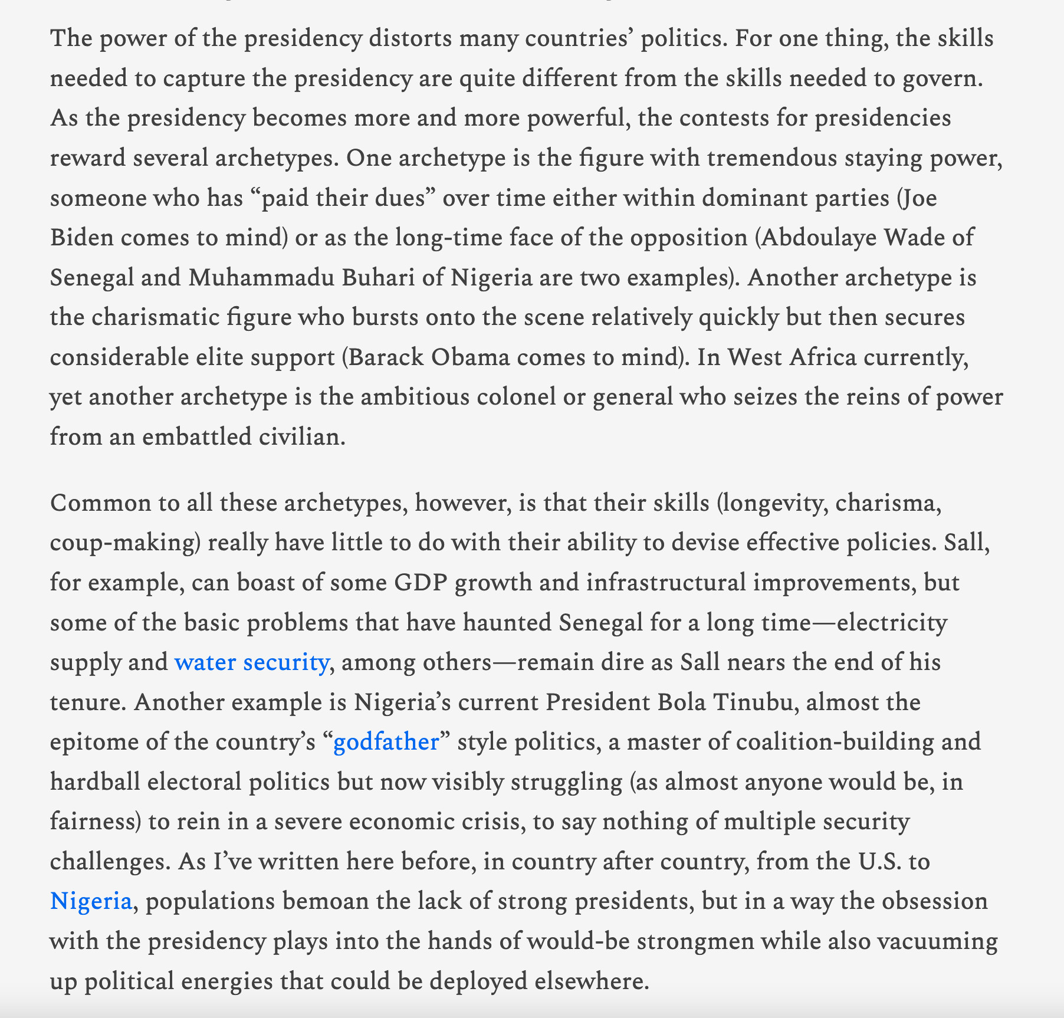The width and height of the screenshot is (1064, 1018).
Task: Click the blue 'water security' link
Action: [251, 662]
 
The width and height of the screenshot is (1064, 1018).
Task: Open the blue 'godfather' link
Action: [386, 742]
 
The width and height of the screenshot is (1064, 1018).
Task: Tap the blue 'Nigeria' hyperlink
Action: [91, 901]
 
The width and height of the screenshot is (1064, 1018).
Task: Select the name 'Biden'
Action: [81, 237]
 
